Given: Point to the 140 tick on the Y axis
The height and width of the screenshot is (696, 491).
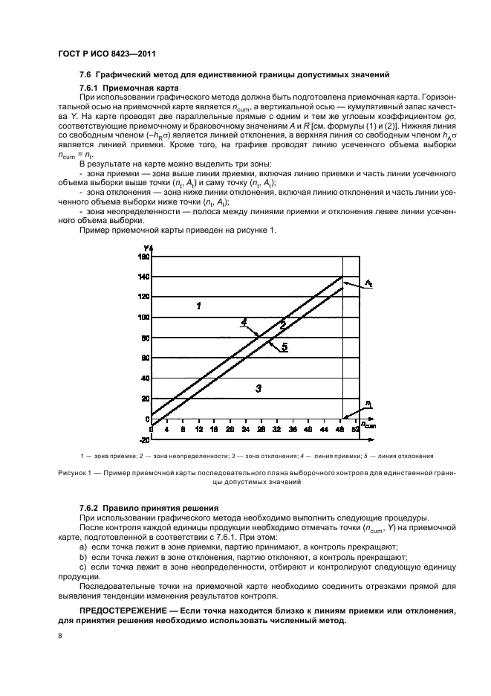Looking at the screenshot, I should (x=143, y=277).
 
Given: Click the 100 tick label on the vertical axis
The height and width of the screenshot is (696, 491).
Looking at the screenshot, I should (x=143, y=318).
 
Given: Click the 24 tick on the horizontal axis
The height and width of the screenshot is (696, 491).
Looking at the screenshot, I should (x=230, y=430).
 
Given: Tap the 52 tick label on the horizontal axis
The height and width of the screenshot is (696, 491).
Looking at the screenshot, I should (x=355, y=430).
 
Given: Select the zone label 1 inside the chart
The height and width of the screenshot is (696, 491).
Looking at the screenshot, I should (x=198, y=306).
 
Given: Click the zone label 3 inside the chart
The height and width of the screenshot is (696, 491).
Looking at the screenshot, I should (x=258, y=387).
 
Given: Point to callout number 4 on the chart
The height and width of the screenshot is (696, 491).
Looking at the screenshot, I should (x=243, y=322).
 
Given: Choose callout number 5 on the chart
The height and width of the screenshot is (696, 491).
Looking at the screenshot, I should (x=284, y=347).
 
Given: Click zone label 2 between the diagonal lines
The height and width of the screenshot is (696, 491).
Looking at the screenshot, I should (x=282, y=324).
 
